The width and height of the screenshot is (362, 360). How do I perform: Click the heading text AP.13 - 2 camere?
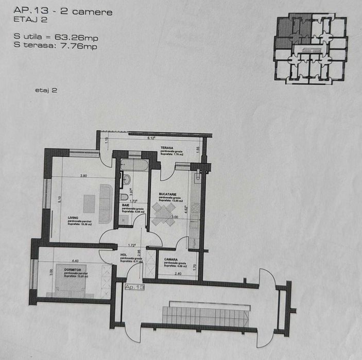(x=63, y=11)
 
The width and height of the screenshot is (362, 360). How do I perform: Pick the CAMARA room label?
(x=171, y=260)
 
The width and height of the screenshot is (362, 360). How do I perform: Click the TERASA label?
(x=166, y=148)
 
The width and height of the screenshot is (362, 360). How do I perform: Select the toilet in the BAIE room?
(x=124, y=198)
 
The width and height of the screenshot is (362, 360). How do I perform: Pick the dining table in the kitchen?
(x=164, y=213)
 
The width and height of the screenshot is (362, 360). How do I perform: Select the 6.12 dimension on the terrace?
(x=151, y=138)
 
